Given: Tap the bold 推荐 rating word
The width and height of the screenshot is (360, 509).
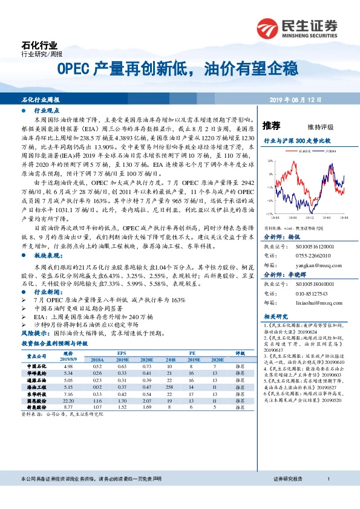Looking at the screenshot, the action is (x=272, y=126).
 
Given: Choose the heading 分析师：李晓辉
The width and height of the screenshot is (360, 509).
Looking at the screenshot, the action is (x=278, y=274).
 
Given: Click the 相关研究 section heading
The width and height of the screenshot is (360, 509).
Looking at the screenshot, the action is (x=275, y=316).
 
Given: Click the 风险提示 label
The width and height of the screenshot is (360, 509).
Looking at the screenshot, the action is (x=34, y=332).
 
